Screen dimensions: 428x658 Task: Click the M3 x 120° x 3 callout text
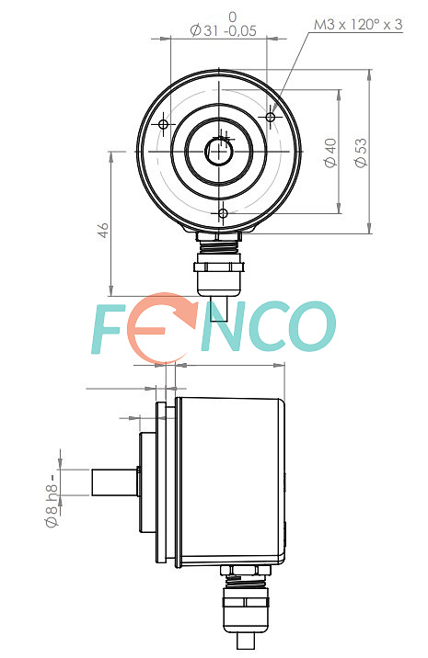(x=358, y=24)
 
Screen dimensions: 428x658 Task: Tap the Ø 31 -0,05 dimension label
(x=223, y=30)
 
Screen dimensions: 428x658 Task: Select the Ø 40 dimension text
(x=330, y=153)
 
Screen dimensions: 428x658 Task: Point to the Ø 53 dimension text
(x=361, y=153)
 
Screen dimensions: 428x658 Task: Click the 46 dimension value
(x=103, y=231)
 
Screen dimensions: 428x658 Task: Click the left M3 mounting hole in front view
(x=164, y=124)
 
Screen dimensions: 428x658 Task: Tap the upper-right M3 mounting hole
(x=271, y=117)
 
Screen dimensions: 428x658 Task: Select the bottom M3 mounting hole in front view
(x=223, y=213)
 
